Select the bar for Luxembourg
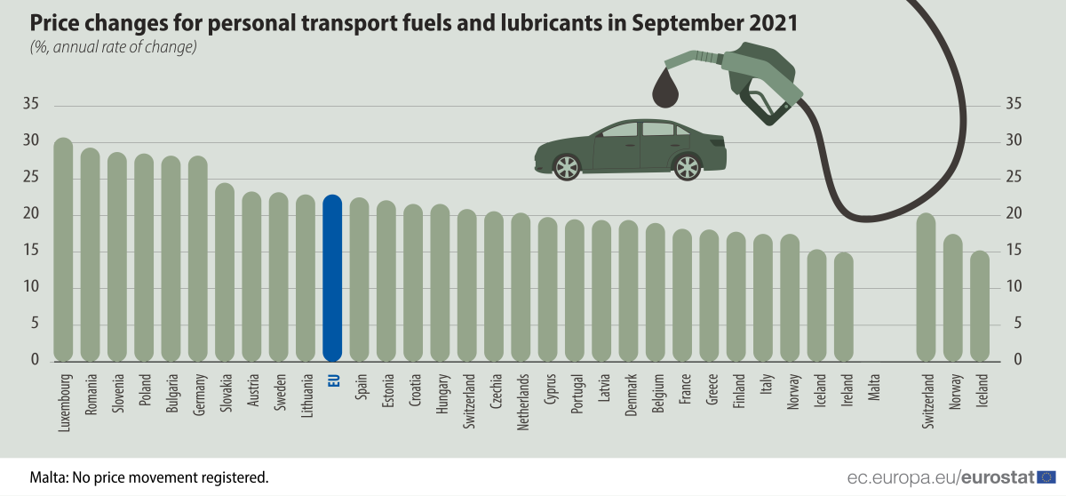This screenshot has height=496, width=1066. point(63,249)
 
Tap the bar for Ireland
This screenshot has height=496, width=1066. point(844,307)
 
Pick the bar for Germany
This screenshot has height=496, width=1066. point(197,259)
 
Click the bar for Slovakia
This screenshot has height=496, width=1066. point(225,272)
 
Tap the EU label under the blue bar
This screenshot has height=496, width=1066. point(333,380)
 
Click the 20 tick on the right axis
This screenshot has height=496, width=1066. point(1014,214)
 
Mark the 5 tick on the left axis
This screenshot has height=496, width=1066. point(36,324)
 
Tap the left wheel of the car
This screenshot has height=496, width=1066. point(566,166)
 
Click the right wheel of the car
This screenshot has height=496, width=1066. point(687,166)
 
